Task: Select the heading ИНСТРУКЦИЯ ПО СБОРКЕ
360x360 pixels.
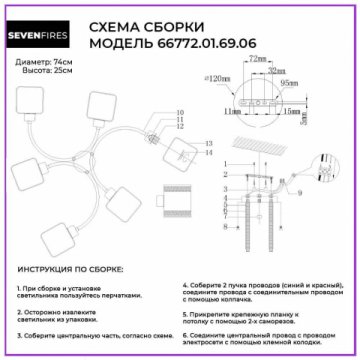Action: [71, 270]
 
